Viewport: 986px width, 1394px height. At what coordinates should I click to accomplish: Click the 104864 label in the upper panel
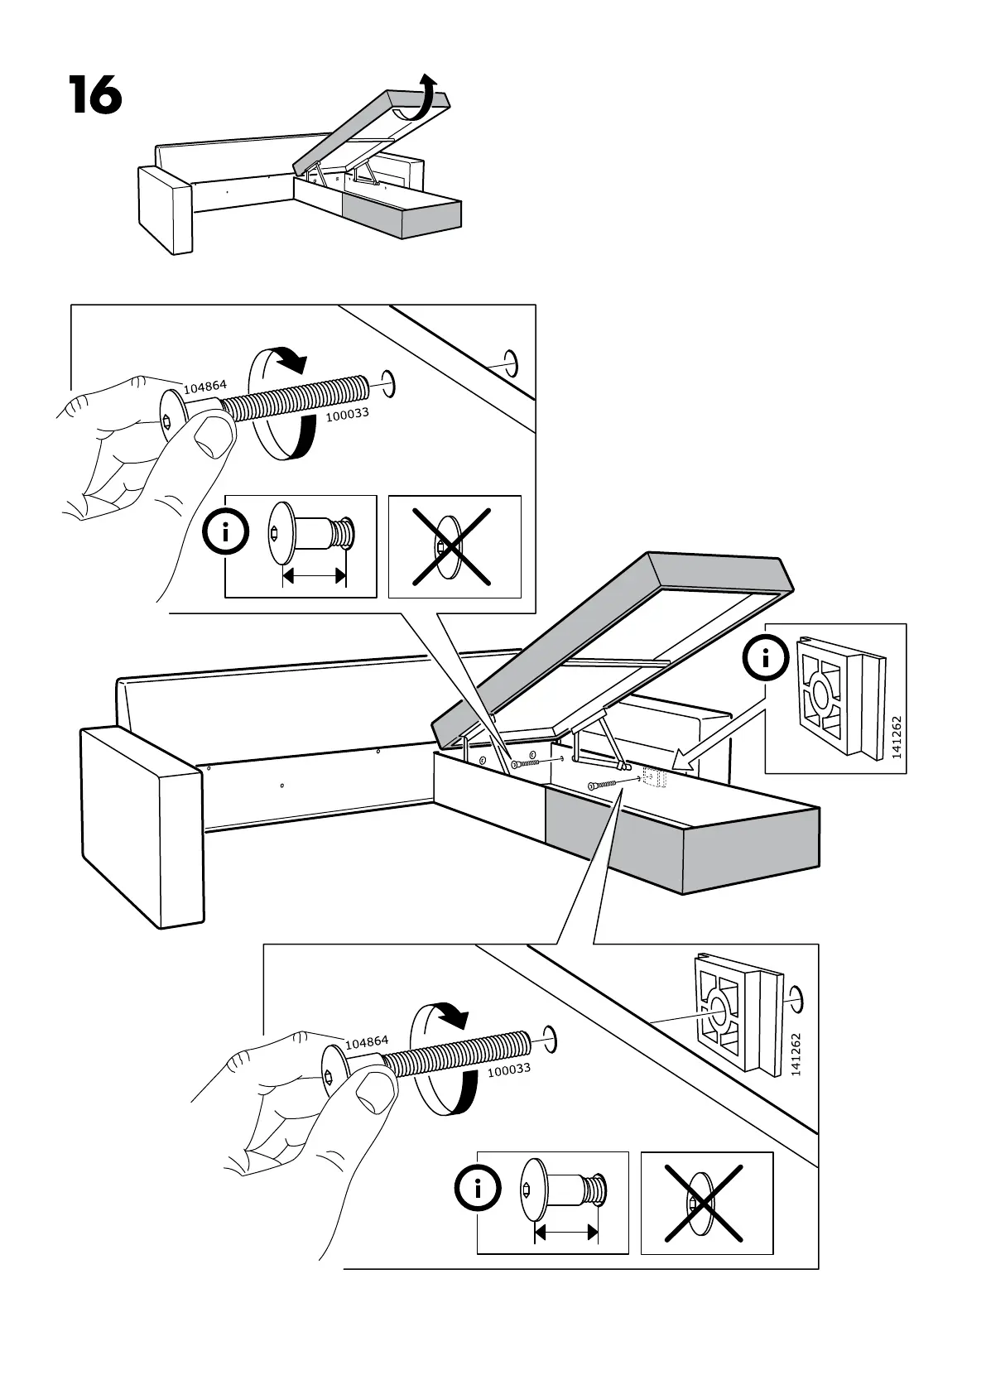click(x=204, y=386)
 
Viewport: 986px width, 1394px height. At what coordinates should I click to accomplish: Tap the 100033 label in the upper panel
click(x=346, y=415)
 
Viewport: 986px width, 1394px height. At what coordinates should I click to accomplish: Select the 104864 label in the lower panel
click(x=366, y=1042)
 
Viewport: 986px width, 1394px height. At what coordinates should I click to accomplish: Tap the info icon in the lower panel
click(x=477, y=1190)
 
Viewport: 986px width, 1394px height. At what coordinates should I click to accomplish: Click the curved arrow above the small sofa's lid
click(x=426, y=99)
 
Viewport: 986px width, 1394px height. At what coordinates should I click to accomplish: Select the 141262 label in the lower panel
click(x=796, y=1054)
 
